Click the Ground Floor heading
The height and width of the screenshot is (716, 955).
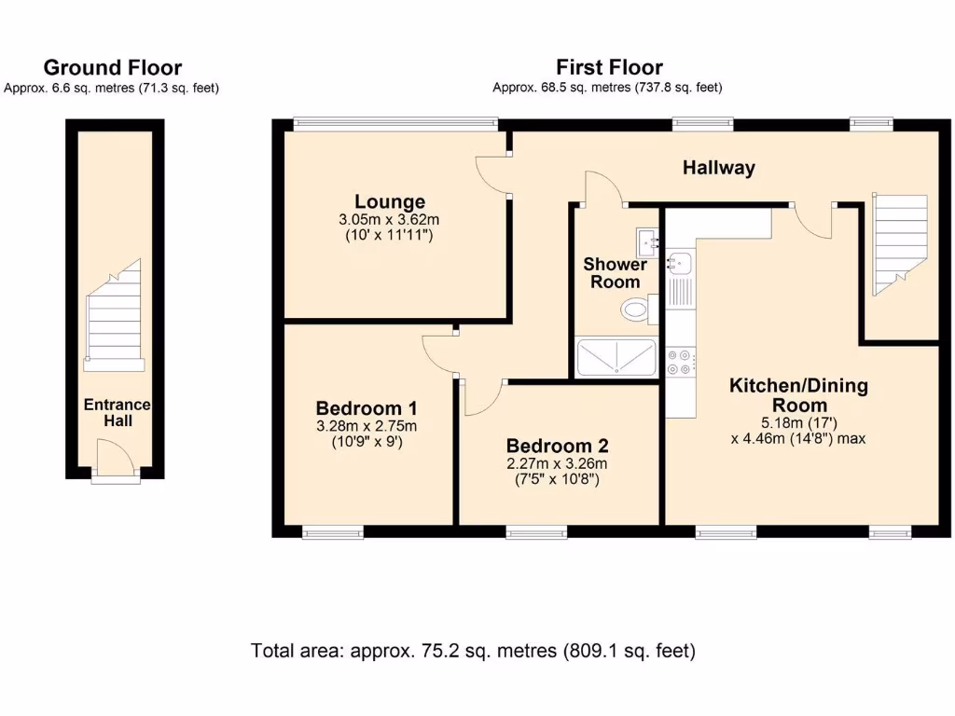(x=112, y=67)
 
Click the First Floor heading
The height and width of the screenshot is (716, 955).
(x=609, y=67)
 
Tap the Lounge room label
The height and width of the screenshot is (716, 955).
(x=390, y=201)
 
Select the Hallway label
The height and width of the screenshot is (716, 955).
(x=718, y=168)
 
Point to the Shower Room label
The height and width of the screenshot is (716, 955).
(x=615, y=273)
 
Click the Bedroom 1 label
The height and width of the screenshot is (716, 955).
(x=366, y=408)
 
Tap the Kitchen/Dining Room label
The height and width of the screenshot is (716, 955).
(x=798, y=394)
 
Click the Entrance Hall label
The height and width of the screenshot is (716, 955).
(x=118, y=412)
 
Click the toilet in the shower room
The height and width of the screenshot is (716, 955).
(x=638, y=308)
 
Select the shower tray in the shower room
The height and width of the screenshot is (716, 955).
(x=617, y=357)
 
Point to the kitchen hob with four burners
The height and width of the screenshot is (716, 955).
(x=679, y=361)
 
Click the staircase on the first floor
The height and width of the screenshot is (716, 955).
(x=899, y=238)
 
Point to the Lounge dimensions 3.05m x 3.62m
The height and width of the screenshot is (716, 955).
(x=390, y=220)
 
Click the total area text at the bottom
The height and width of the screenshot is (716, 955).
(x=473, y=651)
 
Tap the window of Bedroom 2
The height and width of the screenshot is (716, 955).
(x=536, y=532)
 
